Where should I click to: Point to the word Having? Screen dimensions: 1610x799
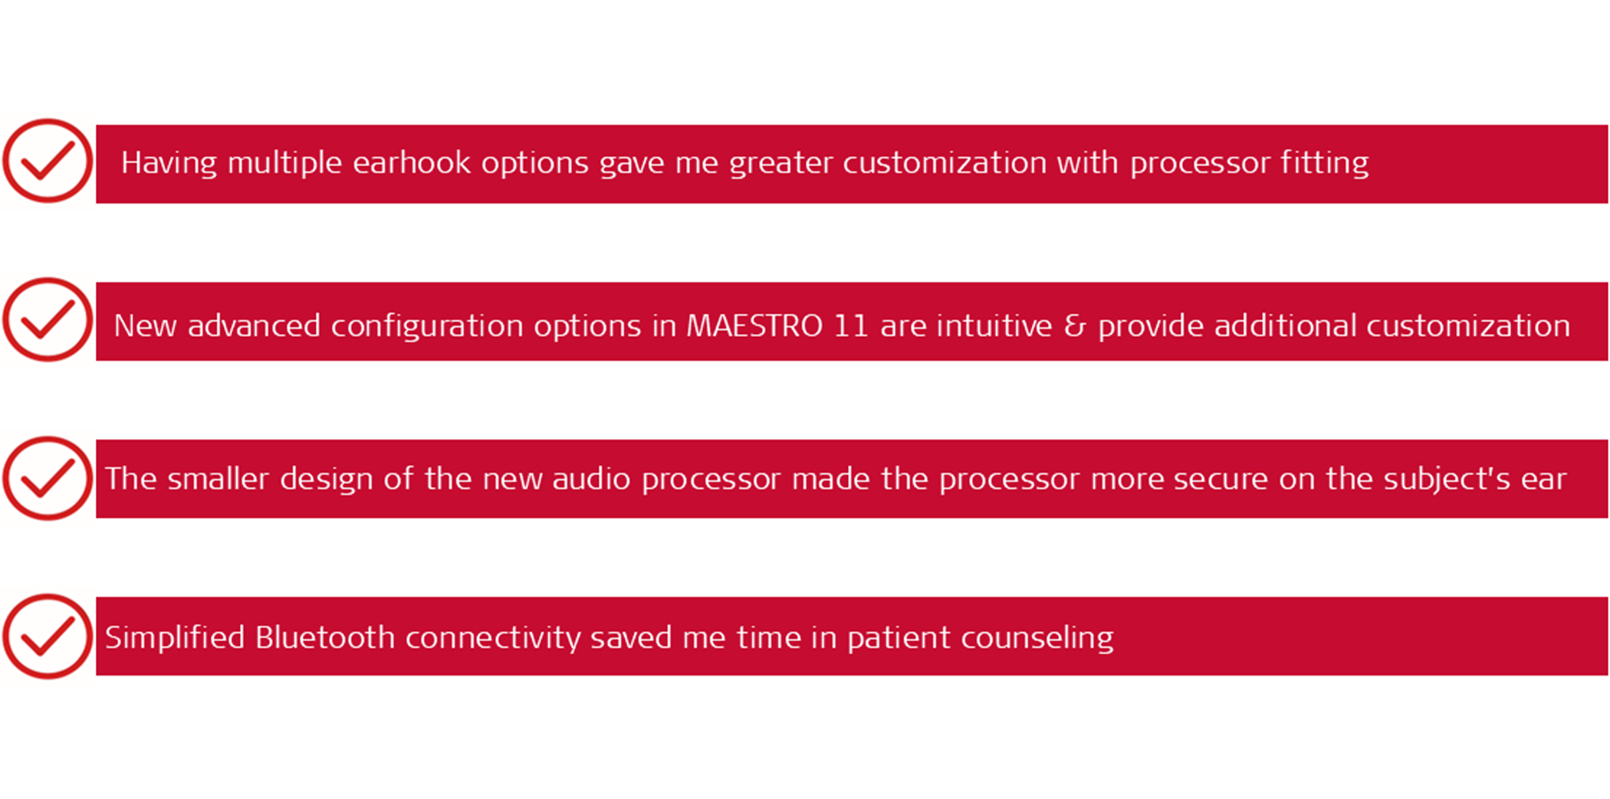coord(169,163)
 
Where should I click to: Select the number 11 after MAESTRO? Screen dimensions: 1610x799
coord(850,326)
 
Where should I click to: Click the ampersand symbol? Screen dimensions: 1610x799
coord(1075,326)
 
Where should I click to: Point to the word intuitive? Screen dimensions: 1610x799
coord(994,326)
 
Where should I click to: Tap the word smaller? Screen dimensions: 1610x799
coord(219,479)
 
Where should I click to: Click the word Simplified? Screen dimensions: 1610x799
coord(175,638)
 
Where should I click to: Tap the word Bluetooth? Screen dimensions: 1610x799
coord(325,637)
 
